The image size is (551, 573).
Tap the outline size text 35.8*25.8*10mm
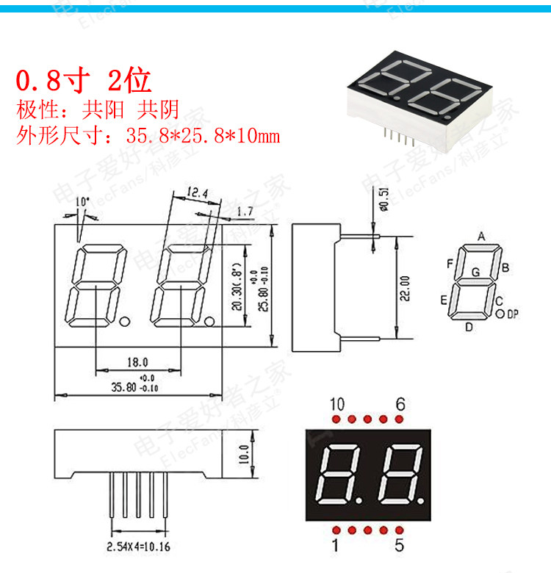pyautogui.click(x=202, y=136)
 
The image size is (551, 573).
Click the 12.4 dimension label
pyautogui.click(x=197, y=192)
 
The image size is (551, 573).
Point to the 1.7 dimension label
pyautogui.click(x=245, y=212)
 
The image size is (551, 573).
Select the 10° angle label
pyautogui.click(x=82, y=201)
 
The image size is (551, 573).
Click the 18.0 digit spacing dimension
pyautogui.click(x=137, y=362)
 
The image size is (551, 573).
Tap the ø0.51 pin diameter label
pyautogui.click(x=383, y=201)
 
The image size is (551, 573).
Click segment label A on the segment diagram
pyautogui.click(x=481, y=237)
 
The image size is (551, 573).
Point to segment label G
pyautogui.click(x=475, y=273)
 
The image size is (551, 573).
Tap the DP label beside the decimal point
pyautogui.click(x=513, y=314)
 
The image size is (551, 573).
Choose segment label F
pyautogui.click(x=449, y=263)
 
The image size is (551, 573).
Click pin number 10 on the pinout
pyautogui.click(x=336, y=405)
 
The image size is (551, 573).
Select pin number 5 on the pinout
pyautogui.click(x=400, y=546)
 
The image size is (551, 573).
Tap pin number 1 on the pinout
pyautogui.click(x=336, y=546)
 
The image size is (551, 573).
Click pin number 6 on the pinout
pyautogui.click(x=400, y=405)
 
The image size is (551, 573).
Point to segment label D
pyautogui.click(x=469, y=327)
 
